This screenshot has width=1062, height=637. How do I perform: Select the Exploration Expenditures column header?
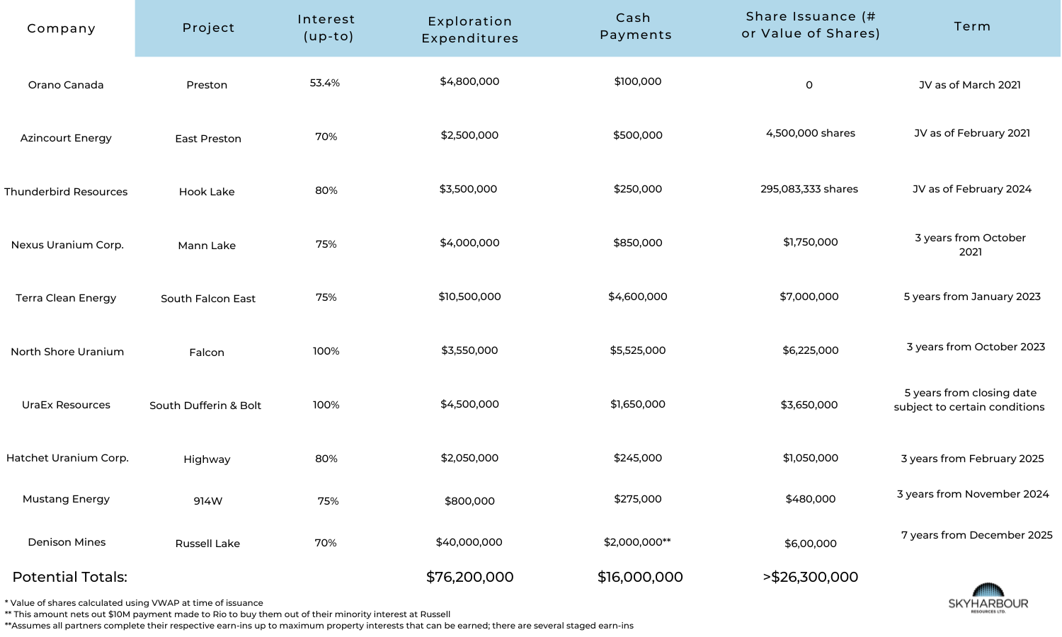(470, 30)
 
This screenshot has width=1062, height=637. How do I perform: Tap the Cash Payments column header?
(635, 26)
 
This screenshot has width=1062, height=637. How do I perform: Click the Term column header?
(972, 26)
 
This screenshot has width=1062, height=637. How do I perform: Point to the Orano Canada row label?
(66, 85)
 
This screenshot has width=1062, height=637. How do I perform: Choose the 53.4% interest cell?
(325, 83)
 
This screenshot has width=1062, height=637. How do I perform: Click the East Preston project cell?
(208, 139)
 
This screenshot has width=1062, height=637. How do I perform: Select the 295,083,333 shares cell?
(809, 189)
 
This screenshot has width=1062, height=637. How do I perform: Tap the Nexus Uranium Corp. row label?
(67, 245)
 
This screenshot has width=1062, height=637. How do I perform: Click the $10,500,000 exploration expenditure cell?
(469, 297)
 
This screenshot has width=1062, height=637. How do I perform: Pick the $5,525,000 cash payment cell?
(638, 350)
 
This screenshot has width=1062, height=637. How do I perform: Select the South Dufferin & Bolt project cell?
(205, 406)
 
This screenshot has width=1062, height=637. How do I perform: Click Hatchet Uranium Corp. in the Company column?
(67, 458)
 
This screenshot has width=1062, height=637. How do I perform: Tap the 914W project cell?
(208, 501)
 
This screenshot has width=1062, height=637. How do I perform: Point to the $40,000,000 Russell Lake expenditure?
(469, 542)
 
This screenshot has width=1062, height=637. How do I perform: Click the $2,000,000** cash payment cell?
(637, 542)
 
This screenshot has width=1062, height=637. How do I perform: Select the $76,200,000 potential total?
(470, 577)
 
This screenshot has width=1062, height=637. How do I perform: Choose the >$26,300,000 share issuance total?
(811, 577)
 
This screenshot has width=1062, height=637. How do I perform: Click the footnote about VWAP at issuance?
(135, 603)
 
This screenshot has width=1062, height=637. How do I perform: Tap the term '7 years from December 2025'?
(976, 535)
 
